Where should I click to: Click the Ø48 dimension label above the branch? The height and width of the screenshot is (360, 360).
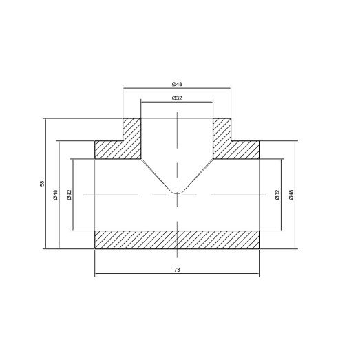[177, 84]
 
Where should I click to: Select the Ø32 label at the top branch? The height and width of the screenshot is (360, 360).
[177, 98]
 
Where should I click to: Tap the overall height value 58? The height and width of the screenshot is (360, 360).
[41, 184]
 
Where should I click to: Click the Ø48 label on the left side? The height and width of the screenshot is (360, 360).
[55, 195]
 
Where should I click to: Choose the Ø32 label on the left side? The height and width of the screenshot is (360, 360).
[69, 195]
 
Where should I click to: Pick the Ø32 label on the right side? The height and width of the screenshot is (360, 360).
[277, 195]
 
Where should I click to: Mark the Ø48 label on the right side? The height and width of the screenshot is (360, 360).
[291, 195]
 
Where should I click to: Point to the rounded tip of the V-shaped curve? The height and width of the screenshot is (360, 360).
[177, 192]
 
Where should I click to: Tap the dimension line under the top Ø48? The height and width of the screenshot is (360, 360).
[151, 88]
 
